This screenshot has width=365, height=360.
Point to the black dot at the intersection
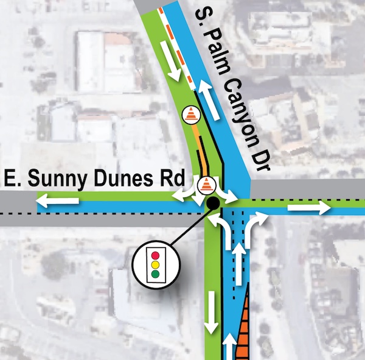213,203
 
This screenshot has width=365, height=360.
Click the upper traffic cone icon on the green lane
192,113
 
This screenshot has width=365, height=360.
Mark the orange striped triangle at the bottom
244,329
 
